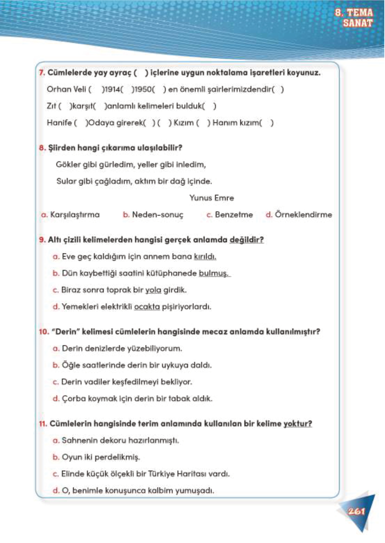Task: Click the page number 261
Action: coord(356,511)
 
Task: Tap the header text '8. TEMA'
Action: coord(353,13)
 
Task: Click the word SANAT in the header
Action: coord(357,23)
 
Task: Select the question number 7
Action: coord(42,73)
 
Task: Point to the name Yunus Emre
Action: coord(211,198)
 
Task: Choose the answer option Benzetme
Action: coord(234,215)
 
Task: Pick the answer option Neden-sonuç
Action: coord(157,215)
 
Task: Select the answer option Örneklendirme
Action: coord(303,215)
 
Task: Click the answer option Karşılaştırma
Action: coord(74,215)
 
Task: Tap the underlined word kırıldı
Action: coord(205,257)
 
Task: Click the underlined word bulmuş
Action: coord(213,273)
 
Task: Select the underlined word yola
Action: coord(153,290)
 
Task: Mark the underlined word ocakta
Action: coord(147,307)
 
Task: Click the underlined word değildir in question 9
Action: coord(246,240)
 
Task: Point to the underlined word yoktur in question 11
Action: coord(298,424)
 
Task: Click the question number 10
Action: coord(44,332)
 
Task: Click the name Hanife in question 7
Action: coord(59,123)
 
